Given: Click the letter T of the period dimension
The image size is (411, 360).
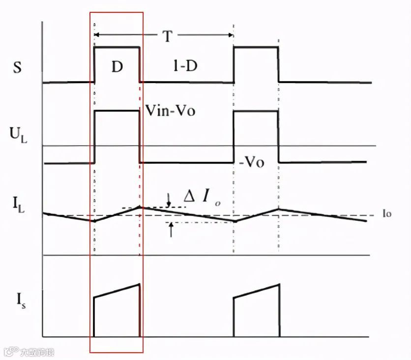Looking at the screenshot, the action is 168,36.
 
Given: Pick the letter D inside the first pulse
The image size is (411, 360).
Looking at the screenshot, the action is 117,67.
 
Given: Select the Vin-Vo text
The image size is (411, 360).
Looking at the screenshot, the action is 170,111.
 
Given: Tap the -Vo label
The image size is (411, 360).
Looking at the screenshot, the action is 252,163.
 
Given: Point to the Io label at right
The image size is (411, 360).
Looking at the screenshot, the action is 387,214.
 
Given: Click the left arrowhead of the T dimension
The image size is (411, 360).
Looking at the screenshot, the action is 96,35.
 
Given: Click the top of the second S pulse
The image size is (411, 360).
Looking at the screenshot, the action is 256,47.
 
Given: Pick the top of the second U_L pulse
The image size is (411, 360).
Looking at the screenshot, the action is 256,111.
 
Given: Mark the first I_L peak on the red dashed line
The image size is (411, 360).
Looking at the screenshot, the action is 141,207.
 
